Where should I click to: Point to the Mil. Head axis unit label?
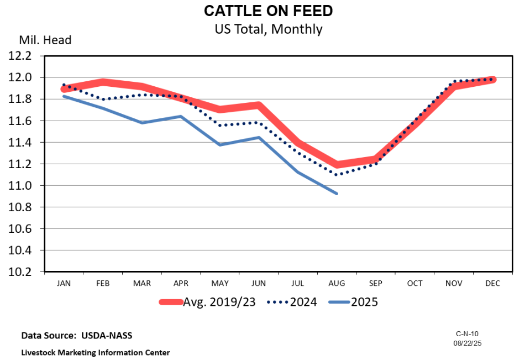click(45, 40)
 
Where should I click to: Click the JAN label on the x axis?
click(64, 283)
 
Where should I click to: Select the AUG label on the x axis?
click(337, 283)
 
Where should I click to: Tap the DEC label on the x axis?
click(492, 283)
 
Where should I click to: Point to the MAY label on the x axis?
click(220, 283)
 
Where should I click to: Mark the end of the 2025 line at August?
click(337, 194)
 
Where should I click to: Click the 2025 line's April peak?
click(181, 116)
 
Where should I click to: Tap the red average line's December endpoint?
click(492, 80)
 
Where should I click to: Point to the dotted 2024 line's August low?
click(337, 175)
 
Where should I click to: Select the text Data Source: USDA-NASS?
click(77, 336)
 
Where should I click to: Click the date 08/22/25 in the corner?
click(468, 343)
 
